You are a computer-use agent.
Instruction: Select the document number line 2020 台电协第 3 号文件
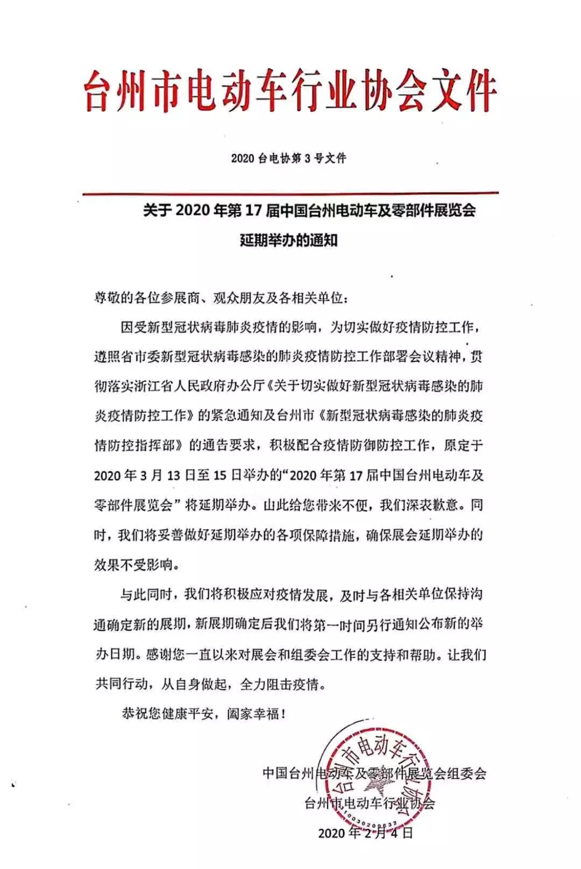(289, 159)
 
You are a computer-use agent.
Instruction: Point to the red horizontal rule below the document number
(290, 193)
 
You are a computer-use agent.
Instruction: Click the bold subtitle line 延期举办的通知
(289, 239)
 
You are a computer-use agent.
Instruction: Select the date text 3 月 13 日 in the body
(162, 475)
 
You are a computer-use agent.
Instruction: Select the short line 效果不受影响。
(136, 565)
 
